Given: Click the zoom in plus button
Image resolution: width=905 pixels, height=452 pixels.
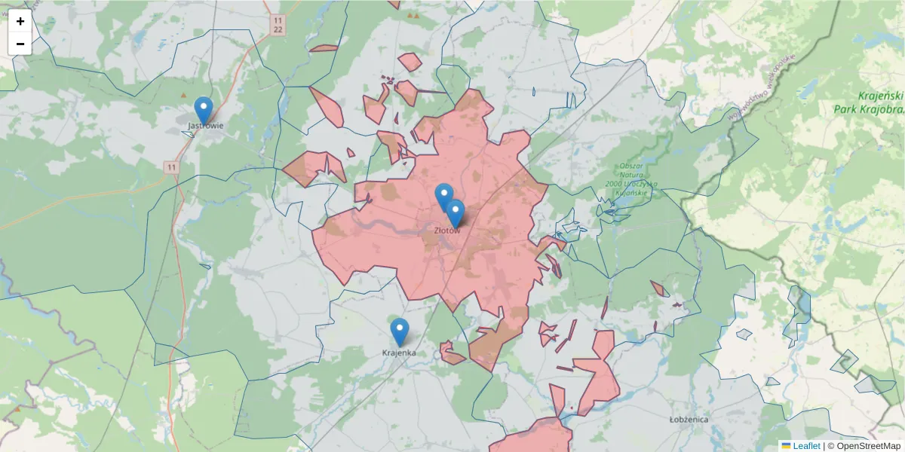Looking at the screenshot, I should (20, 22).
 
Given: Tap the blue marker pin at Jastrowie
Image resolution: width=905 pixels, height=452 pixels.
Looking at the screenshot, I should (203, 111).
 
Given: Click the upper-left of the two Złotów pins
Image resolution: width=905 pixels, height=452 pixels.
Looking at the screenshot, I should (444, 197).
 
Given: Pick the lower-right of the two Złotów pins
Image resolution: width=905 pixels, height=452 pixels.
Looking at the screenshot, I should (455, 213).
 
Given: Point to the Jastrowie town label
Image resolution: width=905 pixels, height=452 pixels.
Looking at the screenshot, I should (206, 126).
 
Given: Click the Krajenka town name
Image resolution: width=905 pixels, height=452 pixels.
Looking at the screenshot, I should (399, 353).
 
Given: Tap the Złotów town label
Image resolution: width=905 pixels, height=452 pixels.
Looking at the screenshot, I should (446, 231).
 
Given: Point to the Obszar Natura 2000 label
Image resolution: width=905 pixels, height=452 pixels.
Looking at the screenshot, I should (630, 179).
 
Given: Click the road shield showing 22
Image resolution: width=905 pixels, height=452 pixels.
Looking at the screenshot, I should (279, 29).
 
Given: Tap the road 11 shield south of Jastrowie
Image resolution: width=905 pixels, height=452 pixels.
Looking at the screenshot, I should (173, 166).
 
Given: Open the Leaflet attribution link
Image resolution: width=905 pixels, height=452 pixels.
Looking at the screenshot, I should (806, 446).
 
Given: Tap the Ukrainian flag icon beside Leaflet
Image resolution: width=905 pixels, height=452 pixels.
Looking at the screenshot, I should (786, 446).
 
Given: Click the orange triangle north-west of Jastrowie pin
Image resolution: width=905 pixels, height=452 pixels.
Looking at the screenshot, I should (183, 95).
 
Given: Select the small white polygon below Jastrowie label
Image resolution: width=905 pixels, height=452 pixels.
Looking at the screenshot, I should (188, 134).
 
